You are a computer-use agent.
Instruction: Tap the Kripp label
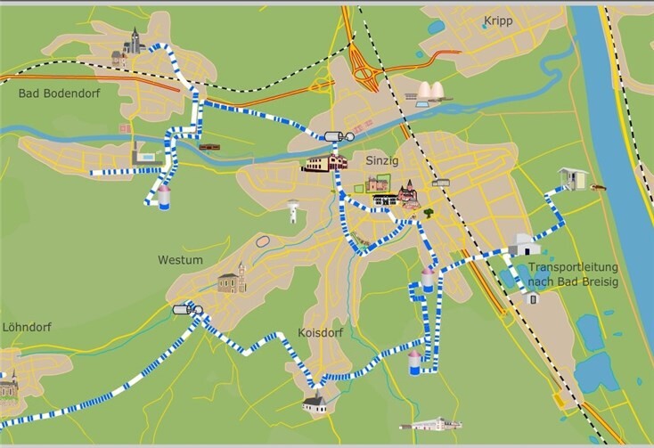click(498, 20)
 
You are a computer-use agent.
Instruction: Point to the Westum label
click(180, 260)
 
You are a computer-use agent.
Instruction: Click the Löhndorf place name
click(27, 327)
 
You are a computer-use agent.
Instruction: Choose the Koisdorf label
click(320, 332)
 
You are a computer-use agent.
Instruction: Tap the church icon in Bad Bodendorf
click(133, 44)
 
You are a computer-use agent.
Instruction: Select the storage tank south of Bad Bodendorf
click(164, 197)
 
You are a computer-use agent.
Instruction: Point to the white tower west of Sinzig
click(292, 212)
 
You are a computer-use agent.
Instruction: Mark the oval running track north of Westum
click(265, 240)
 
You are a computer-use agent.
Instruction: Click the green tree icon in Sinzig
click(429, 213)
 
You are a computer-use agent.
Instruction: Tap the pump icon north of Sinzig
click(339, 136)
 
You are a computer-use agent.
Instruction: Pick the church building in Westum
click(231, 280)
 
